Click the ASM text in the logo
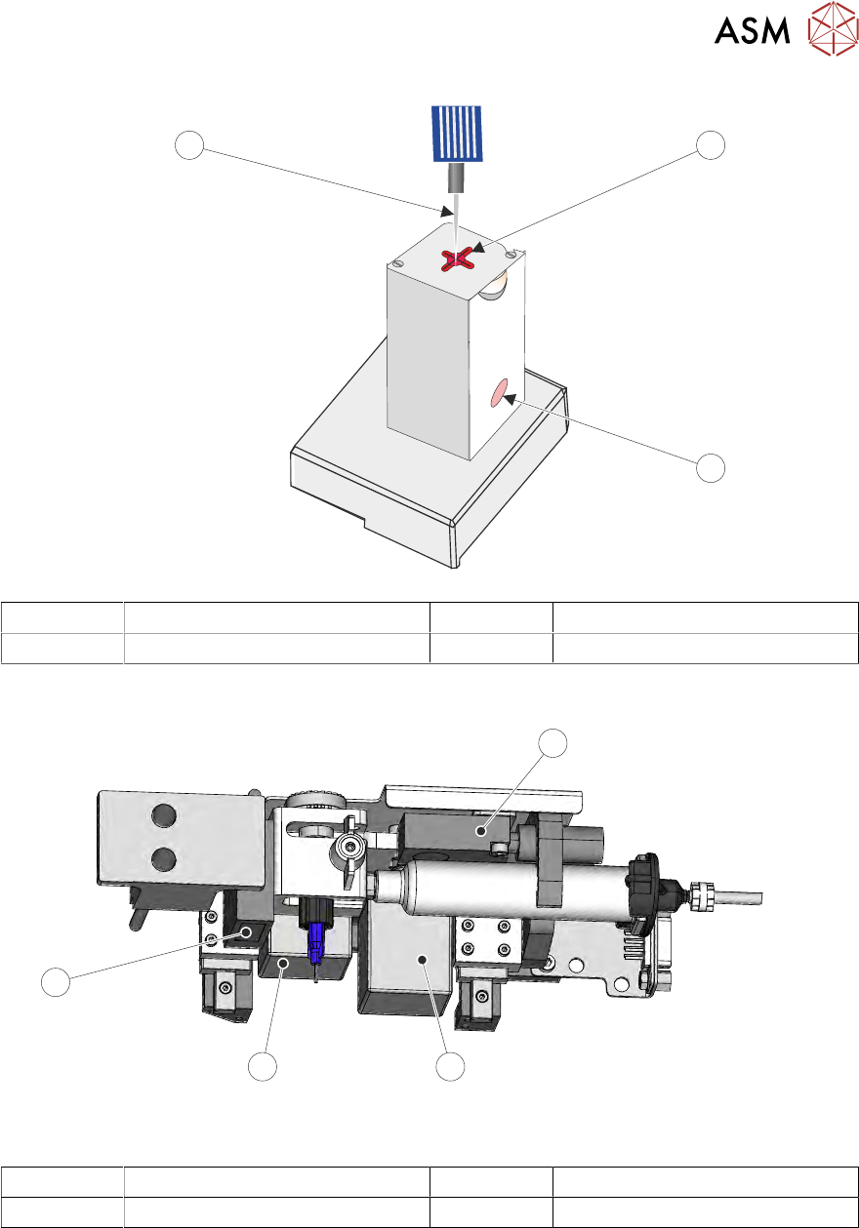752,30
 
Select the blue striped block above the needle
457,134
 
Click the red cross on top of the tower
458,258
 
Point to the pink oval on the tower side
499,394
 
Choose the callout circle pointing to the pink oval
711,468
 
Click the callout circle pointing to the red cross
711,145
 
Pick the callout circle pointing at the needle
189,145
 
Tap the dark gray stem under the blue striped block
456,178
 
